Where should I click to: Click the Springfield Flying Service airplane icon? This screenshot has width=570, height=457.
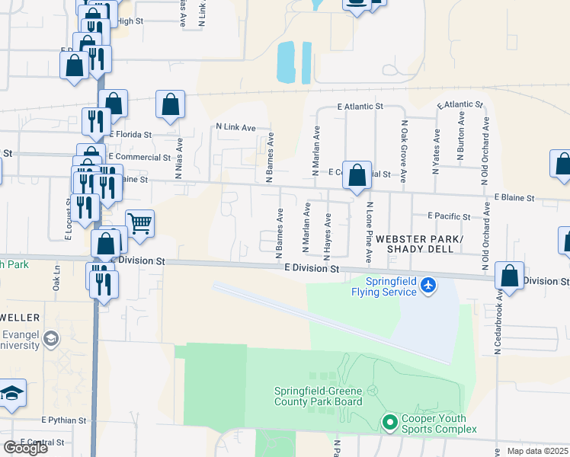tap(429, 285)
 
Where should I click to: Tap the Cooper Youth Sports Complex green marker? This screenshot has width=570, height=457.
tap(389, 421)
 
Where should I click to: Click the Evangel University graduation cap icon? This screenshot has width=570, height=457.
tap(51, 338)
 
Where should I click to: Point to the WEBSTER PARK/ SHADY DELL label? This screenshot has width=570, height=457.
tap(424, 244)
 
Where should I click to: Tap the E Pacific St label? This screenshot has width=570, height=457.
tap(449, 216)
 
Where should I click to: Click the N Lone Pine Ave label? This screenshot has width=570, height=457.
tap(368, 233)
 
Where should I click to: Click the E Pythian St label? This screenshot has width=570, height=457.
tap(65, 420)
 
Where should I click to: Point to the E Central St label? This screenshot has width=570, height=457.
tap(43, 442)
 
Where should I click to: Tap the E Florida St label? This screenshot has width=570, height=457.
tap(130, 133)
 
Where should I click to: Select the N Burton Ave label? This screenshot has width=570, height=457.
tap(460, 136)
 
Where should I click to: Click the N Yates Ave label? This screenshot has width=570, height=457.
tap(437, 151)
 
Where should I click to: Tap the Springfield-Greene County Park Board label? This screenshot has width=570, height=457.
tap(319, 397)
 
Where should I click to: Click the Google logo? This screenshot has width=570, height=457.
tap(25, 448)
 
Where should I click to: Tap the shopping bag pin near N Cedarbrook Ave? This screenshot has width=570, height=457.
tap(509, 275)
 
